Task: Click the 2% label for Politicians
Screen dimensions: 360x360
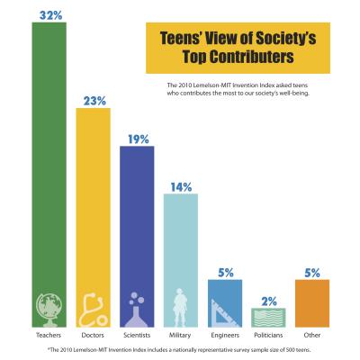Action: click(x=269, y=301)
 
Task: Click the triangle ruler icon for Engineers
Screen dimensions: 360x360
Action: click(x=225, y=308)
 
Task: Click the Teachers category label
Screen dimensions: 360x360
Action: click(x=49, y=335)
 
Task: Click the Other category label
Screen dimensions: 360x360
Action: click(x=311, y=335)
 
